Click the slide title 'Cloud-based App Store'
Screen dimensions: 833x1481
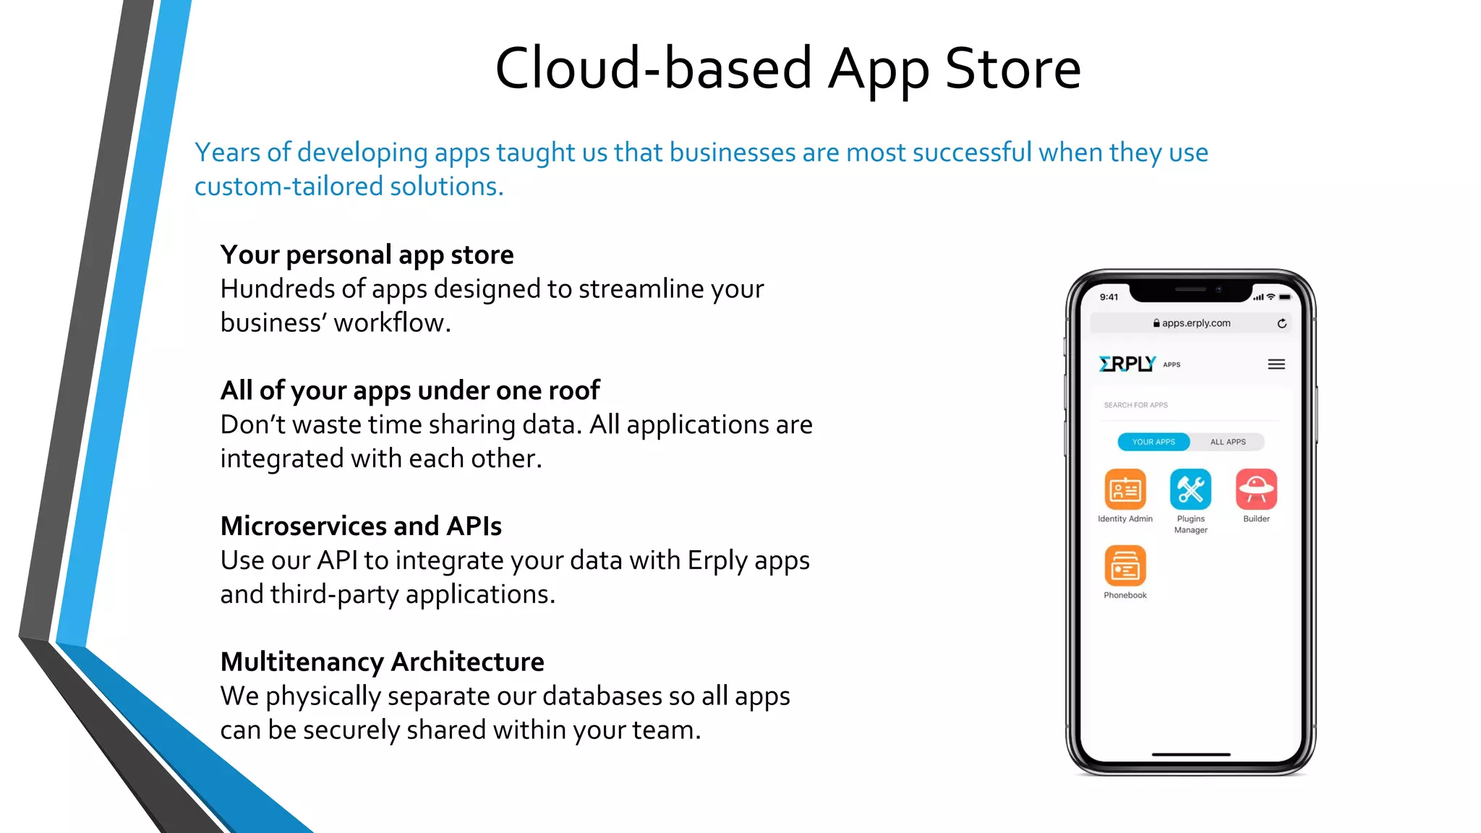click(x=788, y=69)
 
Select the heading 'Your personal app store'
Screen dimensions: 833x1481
click(x=367, y=255)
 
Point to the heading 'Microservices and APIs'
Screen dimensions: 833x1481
click(x=361, y=526)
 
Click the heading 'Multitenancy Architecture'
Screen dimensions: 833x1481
click(x=382, y=662)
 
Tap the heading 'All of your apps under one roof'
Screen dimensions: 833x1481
click(x=410, y=390)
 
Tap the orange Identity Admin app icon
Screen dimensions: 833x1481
click(x=1125, y=490)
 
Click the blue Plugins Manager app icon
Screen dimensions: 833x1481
click(x=1190, y=490)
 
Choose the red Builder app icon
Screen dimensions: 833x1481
click(x=1256, y=490)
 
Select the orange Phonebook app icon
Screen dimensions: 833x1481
click(x=1125, y=565)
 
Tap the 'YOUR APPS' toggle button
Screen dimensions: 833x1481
click(x=1153, y=442)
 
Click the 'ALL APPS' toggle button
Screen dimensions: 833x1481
click(x=1228, y=442)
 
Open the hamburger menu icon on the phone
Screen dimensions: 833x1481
click(x=1276, y=364)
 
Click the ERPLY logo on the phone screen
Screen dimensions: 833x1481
click(x=1127, y=364)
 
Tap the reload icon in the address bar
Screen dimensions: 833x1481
click(x=1282, y=323)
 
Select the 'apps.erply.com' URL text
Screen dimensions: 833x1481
click(x=1196, y=323)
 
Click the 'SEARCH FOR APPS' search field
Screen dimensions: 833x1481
click(x=1186, y=405)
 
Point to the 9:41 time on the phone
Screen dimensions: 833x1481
click(x=1109, y=297)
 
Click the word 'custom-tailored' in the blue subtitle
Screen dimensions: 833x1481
click(x=289, y=187)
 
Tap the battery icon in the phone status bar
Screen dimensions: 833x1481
click(x=1285, y=297)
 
